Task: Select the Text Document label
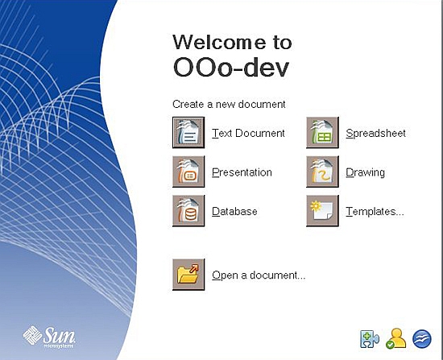point(248,133)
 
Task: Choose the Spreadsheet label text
point(375,133)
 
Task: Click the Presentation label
point(242,172)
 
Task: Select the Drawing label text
point(365,172)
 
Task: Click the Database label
point(234,211)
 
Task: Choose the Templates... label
point(375,211)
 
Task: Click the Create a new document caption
point(229,105)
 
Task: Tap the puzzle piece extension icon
point(369,338)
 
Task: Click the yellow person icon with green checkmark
point(395,338)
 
